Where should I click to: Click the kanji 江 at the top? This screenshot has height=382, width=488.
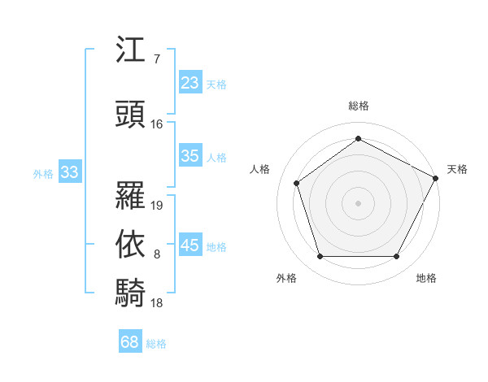coord(131,50)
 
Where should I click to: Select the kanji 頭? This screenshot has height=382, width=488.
coord(131,113)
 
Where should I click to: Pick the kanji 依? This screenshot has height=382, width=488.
coord(131,244)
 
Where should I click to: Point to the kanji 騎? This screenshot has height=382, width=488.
coord(131,292)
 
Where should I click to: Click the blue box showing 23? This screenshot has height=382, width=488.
coord(190,83)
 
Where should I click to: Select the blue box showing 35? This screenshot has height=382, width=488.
coord(190,156)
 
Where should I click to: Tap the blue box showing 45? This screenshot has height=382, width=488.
coord(190,245)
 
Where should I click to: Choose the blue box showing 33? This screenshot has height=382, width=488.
coord(69,172)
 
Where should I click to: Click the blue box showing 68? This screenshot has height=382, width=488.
coord(130,342)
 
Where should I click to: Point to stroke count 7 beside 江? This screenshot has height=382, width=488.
coord(157,59)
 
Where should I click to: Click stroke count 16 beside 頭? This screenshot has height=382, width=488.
coord(157,124)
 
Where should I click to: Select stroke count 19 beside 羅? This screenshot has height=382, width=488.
coord(157,206)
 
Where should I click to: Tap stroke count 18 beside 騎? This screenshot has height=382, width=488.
coord(157,303)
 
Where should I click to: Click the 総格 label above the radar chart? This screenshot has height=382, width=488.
coord(359,106)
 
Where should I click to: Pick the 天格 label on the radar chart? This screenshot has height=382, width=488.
coord(458,169)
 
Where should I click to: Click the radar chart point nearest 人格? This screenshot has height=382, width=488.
coord(297,182)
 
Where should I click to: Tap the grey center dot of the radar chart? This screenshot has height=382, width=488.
coord(359,202)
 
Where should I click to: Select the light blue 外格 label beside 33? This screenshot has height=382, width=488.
coord(43,173)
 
